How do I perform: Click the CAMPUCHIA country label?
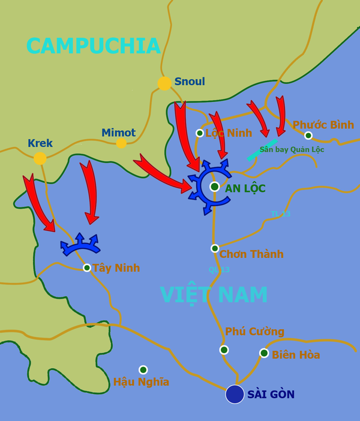[x=94, y=46]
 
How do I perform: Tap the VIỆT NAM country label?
[x=214, y=295]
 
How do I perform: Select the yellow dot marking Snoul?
[x=164, y=83]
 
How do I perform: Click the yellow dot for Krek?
[x=40, y=158]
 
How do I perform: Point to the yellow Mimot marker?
[x=121, y=143]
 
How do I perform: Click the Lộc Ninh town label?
[x=229, y=133]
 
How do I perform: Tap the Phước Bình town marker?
[x=308, y=136]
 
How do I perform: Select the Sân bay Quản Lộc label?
[x=292, y=149]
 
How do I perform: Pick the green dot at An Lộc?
[x=214, y=187]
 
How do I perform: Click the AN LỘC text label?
[x=245, y=188]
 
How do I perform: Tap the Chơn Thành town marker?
[x=215, y=248]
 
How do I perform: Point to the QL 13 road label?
[x=219, y=269]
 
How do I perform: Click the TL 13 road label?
[x=280, y=213]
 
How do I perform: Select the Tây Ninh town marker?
[x=87, y=267]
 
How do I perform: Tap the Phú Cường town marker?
[x=224, y=350]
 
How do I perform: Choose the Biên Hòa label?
[x=296, y=355]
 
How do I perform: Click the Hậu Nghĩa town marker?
[x=143, y=370]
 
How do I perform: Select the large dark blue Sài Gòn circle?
[x=235, y=394]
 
